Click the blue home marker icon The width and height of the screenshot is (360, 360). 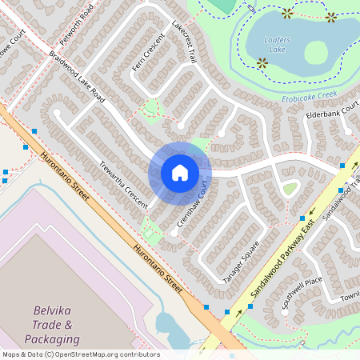pyautogui.click(x=180, y=173)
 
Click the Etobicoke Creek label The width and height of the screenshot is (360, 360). pyautogui.click(x=306, y=96)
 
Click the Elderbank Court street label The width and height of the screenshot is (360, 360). pyautogui.click(x=333, y=114)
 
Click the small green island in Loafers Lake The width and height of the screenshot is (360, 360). pyautogui.click(x=316, y=52)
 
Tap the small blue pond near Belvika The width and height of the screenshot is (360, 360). pyautogui.click(x=169, y=325)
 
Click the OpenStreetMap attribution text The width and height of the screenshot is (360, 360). pyautogui.click(x=80, y=354)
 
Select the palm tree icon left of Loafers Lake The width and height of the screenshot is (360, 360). pyautogui.click(x=262, y=62)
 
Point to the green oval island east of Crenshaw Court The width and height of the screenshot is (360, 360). pyautogui.click(x=290, y=188)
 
